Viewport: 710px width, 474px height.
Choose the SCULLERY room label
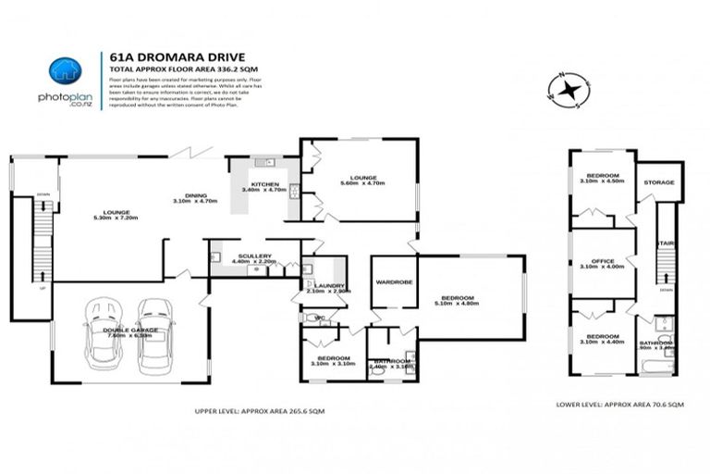coord(254,257)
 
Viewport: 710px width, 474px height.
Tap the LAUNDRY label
coord(328,287)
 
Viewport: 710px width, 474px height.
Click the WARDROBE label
coord(393,281)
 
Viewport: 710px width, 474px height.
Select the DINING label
coord(194,196)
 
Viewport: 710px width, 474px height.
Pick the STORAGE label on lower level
coord(659,182)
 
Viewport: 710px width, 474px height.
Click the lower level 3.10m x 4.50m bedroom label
coord(601,178)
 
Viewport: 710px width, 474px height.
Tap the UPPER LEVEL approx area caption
coord(260,410)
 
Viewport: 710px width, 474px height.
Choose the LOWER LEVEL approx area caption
coord(619,405)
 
